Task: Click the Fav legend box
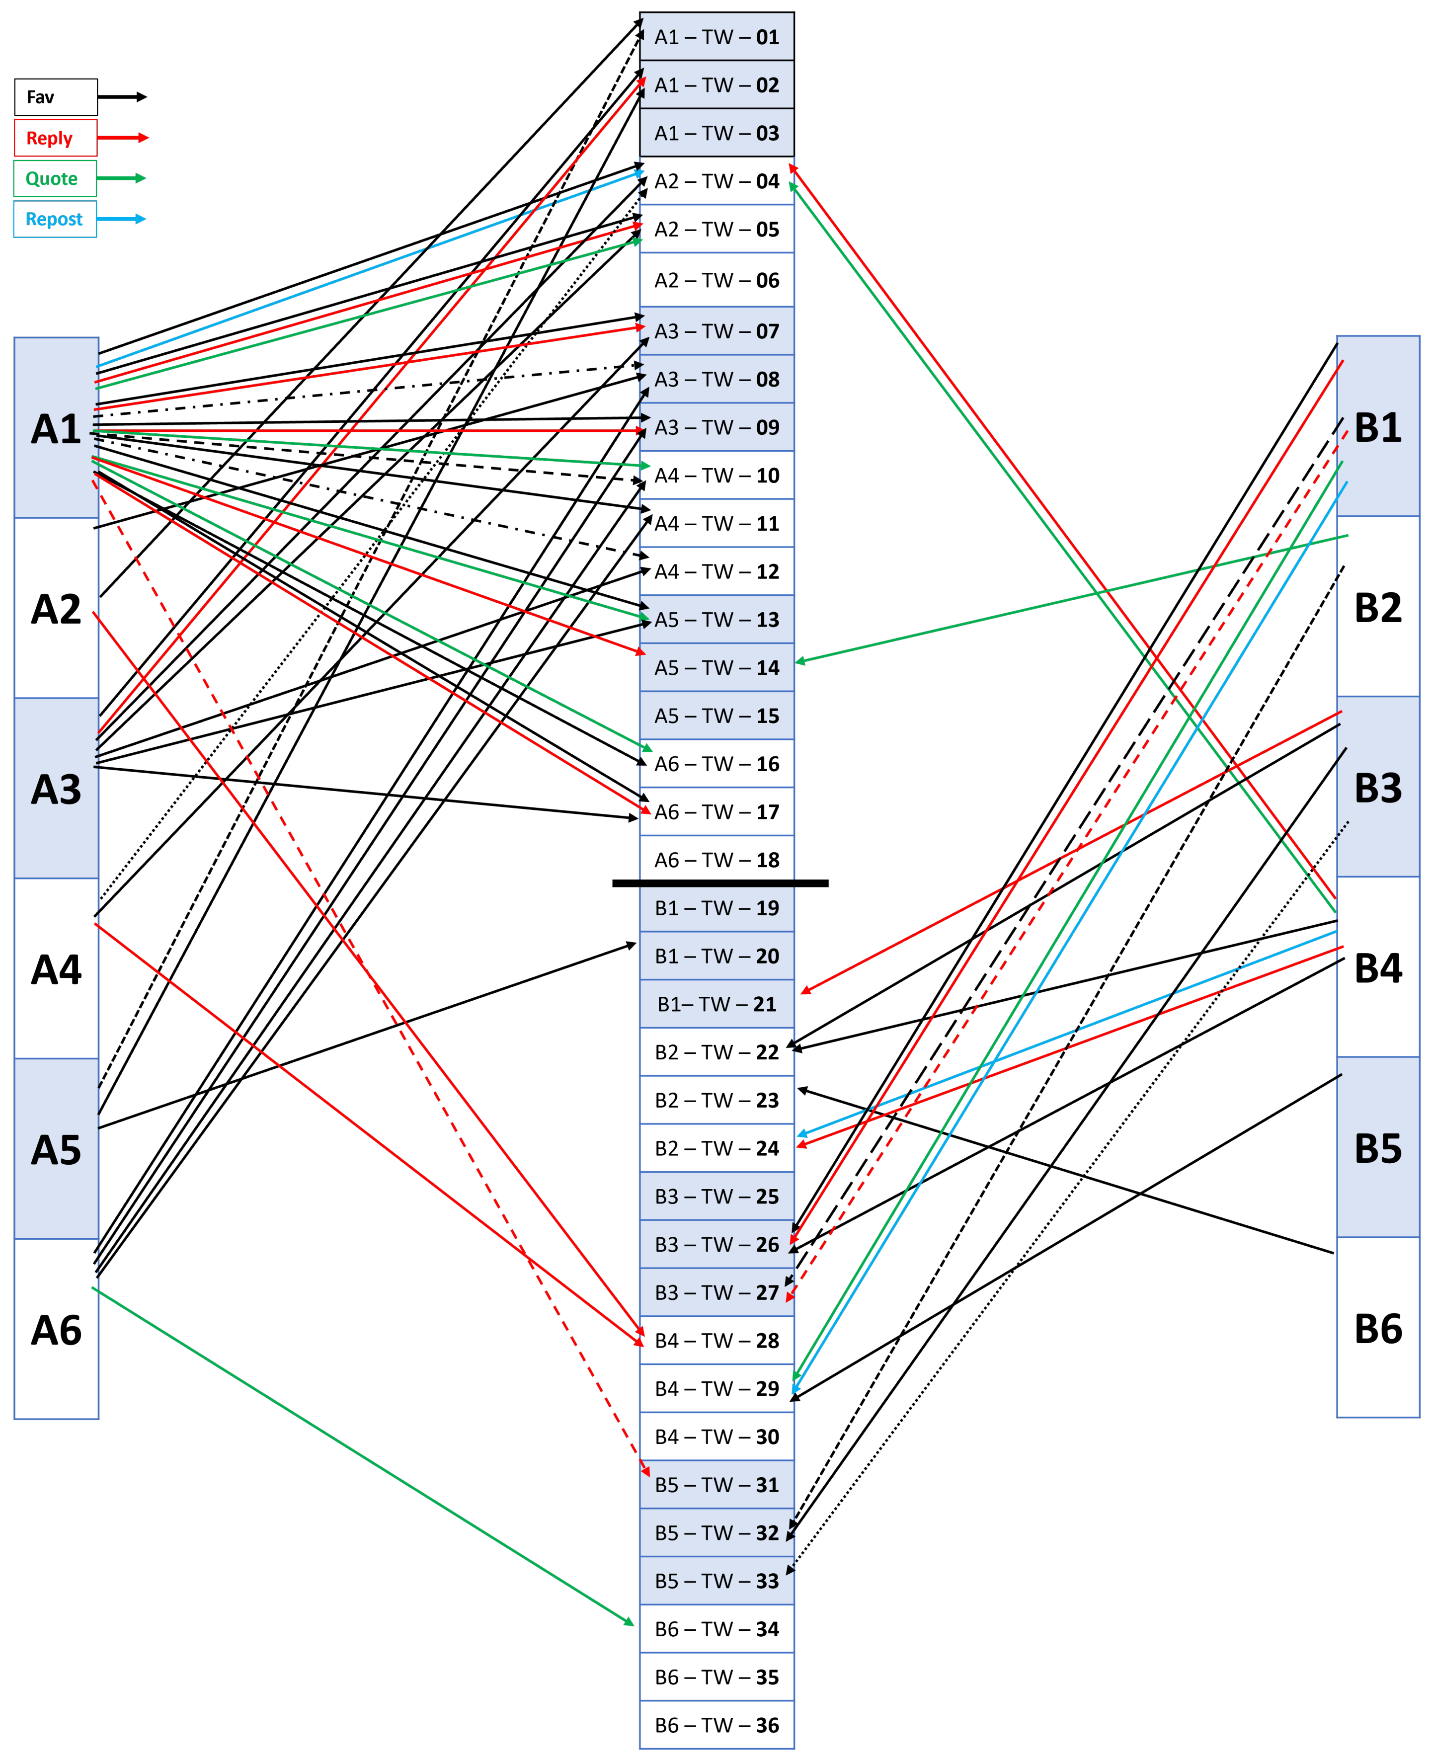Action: point(55,97)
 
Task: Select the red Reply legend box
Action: point(55,138)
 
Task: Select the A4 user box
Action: point(56,969)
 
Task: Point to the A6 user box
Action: point(56,1329)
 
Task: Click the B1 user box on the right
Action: point(1377,426)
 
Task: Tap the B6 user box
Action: point(1377,1327)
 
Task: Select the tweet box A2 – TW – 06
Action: point(716,280)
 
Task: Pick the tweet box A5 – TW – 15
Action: point(716,716)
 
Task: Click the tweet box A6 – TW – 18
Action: point(716,860)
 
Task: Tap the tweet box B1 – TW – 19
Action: point(716,908)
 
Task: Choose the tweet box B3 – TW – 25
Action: point(716,1196)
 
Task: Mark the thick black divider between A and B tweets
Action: point(719,883)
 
